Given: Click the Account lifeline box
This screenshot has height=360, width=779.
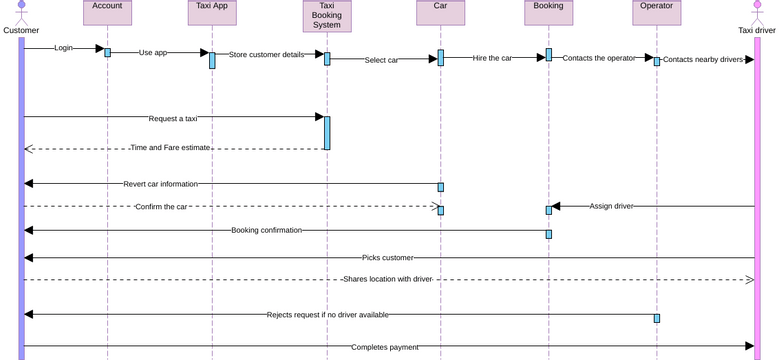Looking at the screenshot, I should [x=107, y=12].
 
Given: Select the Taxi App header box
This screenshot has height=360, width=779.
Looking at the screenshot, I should [x=213, y=12].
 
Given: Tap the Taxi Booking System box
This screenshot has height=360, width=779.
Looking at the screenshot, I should [x=326, y=15].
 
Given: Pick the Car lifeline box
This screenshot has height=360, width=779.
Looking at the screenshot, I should [x=440, y=12].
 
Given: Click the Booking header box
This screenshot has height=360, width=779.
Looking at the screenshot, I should [x=548, y=12].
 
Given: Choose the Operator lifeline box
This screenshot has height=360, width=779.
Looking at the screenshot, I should [x=656, y=12].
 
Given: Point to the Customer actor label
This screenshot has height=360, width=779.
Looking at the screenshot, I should [x=21, y=30].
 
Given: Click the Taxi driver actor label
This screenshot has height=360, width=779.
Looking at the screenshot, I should [x=756, y=30].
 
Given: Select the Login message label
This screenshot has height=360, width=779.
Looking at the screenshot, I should [x=63, y=48].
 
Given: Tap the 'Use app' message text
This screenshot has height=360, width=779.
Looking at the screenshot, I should [x=153, y=52].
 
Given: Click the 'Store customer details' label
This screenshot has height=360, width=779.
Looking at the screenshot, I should [x=266, y=55].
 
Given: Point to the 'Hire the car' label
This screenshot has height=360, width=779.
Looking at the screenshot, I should [x=492, y=58].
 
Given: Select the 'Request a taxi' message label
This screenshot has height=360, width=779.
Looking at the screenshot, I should [x=173, y=118].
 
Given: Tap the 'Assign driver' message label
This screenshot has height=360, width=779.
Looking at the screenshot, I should [x=610, y=206].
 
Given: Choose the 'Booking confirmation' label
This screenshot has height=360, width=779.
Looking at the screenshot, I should [x=266, y=230].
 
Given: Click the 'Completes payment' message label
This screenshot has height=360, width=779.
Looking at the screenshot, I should [x=385, y=347].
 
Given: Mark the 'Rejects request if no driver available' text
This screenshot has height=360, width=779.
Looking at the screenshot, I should [x=328, y=314].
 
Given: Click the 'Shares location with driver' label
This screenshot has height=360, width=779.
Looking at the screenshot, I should [x=387, y=279].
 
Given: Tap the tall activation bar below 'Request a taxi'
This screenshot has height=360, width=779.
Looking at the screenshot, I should [x=326, y=133].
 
